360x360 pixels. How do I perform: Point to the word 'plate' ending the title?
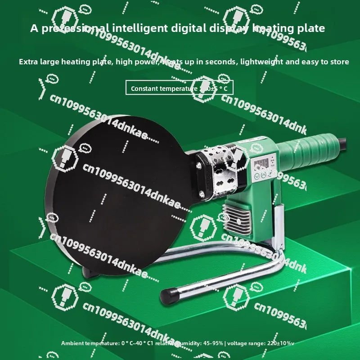(311, 28)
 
